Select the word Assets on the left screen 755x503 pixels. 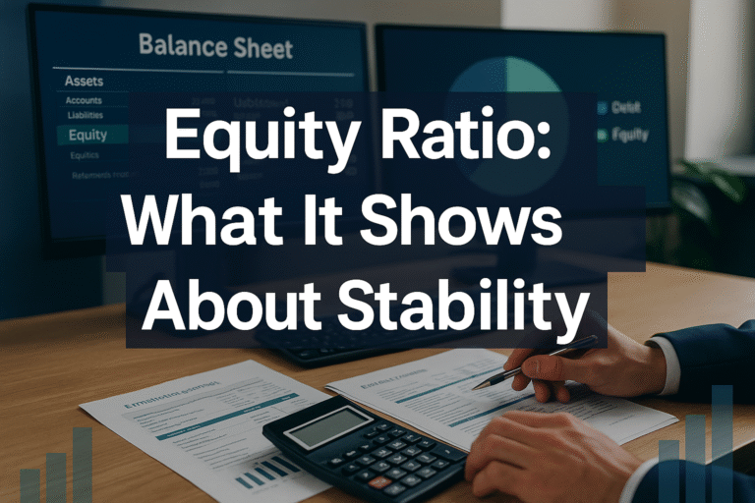(85, 81)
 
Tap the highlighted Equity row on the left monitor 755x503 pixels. (88, 135)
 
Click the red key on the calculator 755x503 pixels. (377, 482)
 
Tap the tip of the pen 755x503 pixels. (477, 386)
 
